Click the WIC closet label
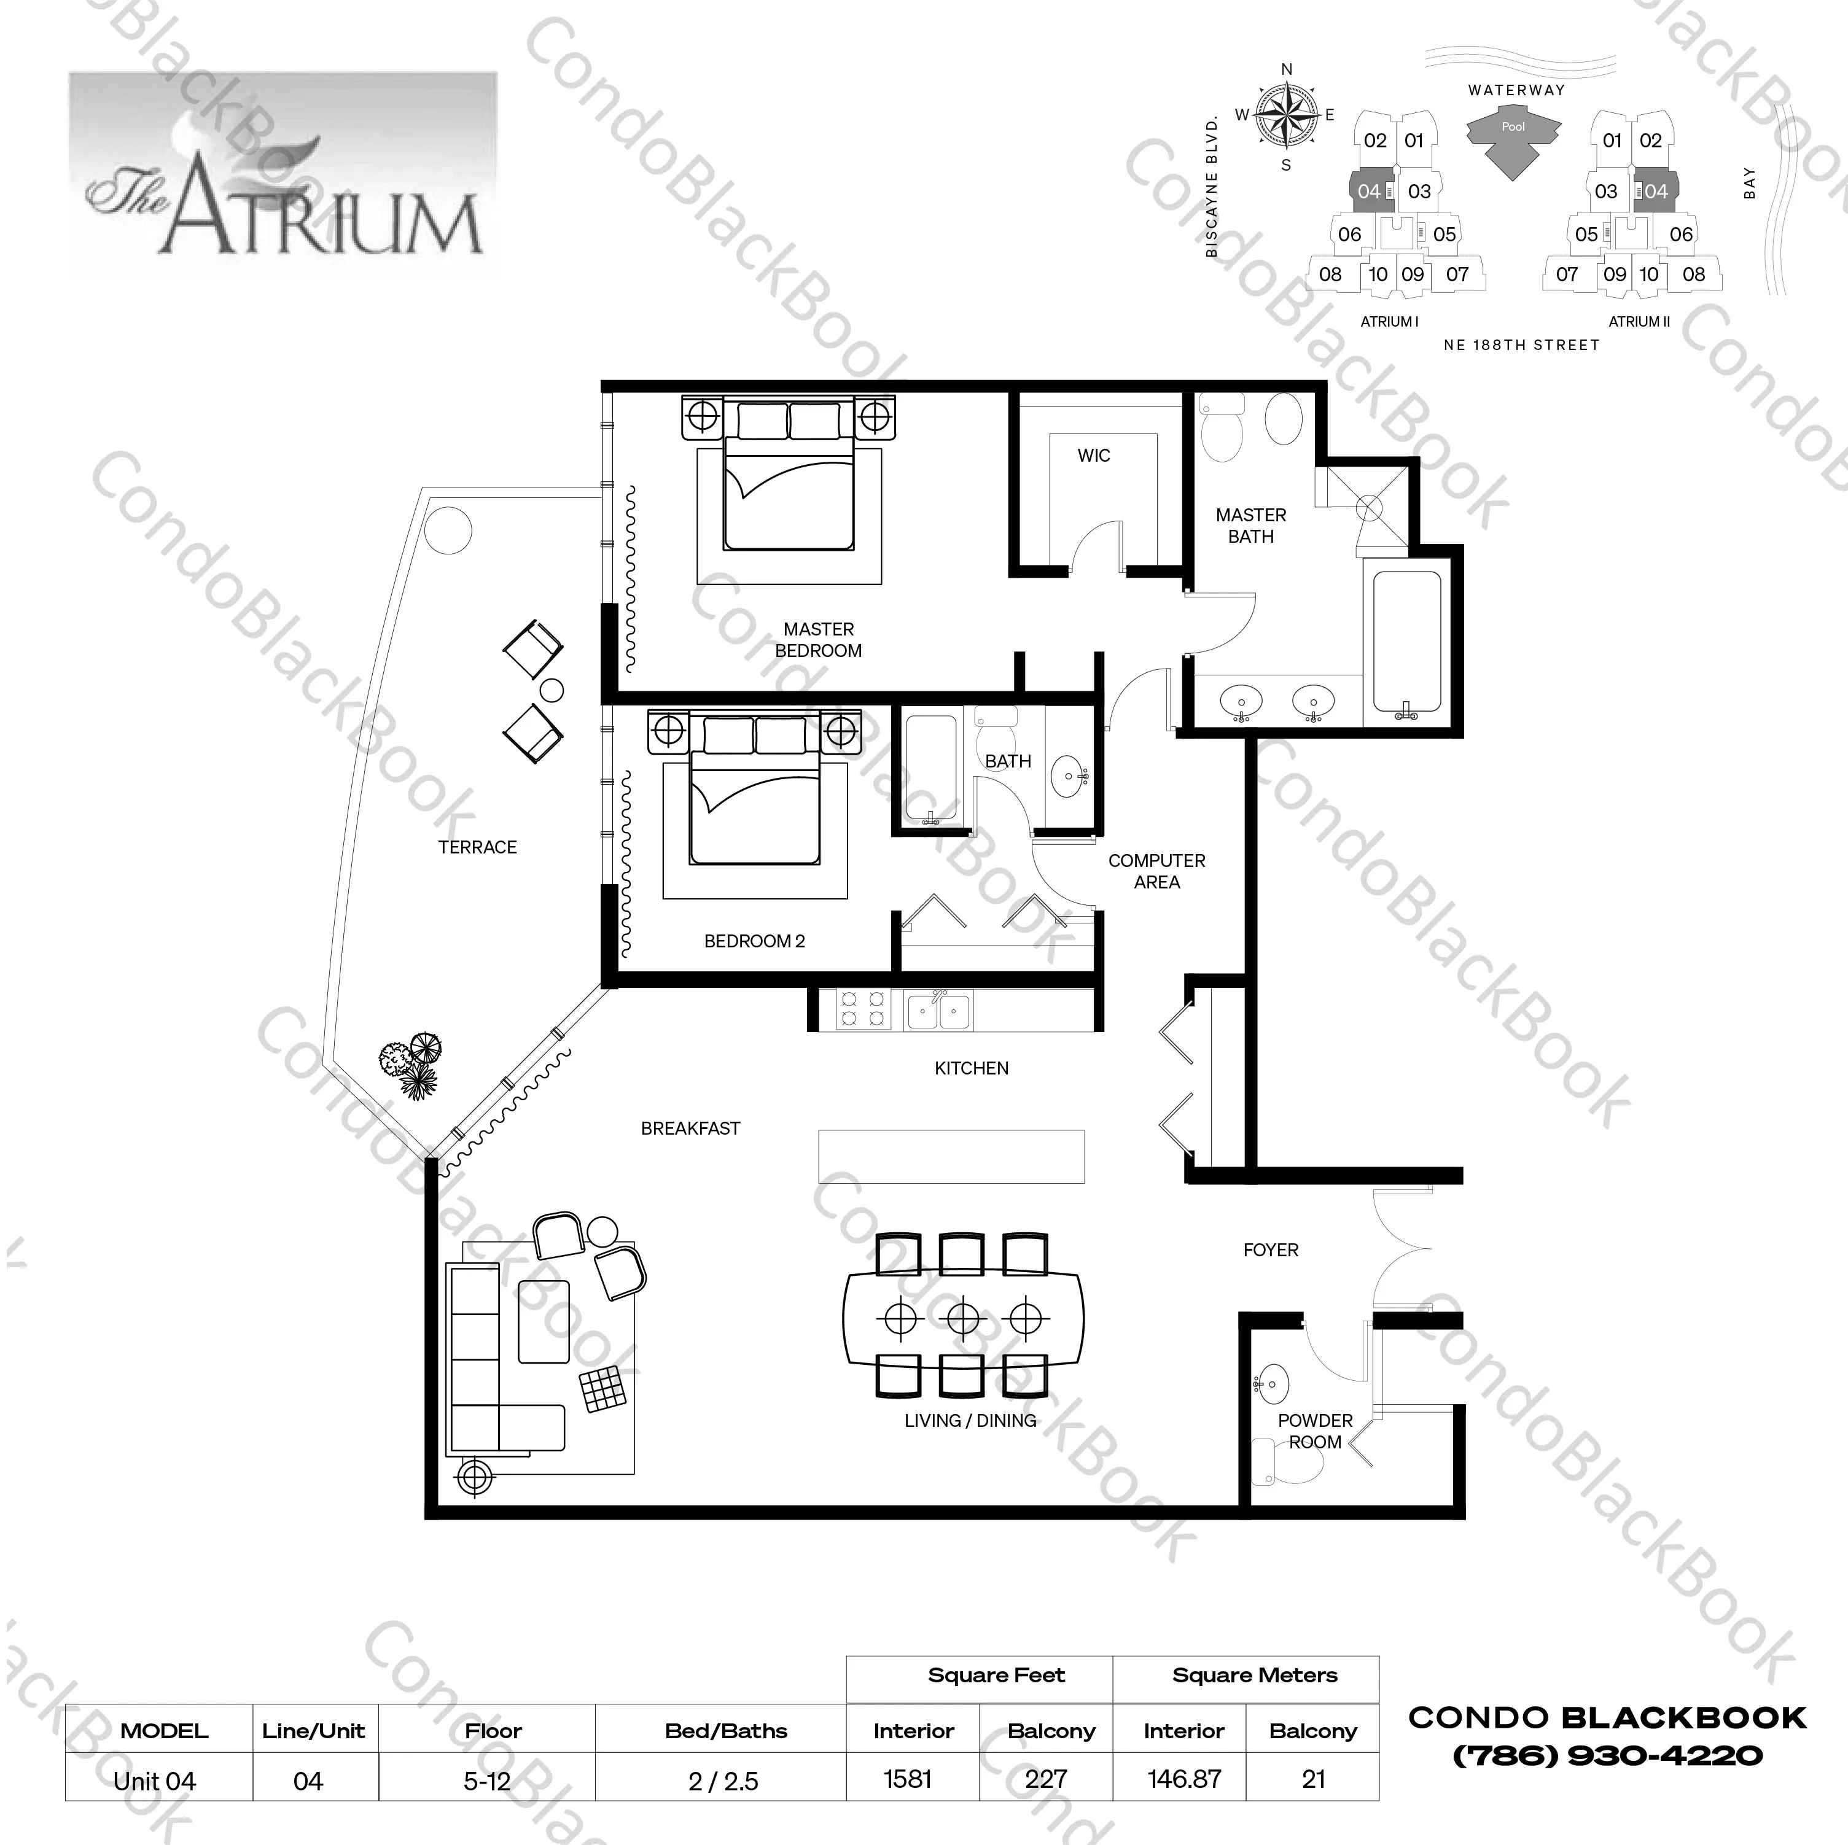1093,456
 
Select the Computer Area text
1156,871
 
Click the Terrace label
477,847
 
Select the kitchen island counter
951,1156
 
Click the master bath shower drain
1370,507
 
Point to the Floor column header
493,1730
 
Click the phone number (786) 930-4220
1607,1755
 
